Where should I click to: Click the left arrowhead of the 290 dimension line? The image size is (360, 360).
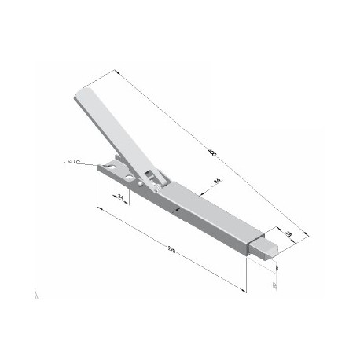[x=98, y=208]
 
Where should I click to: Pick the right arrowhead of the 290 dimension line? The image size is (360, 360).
[x=244, y=288]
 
